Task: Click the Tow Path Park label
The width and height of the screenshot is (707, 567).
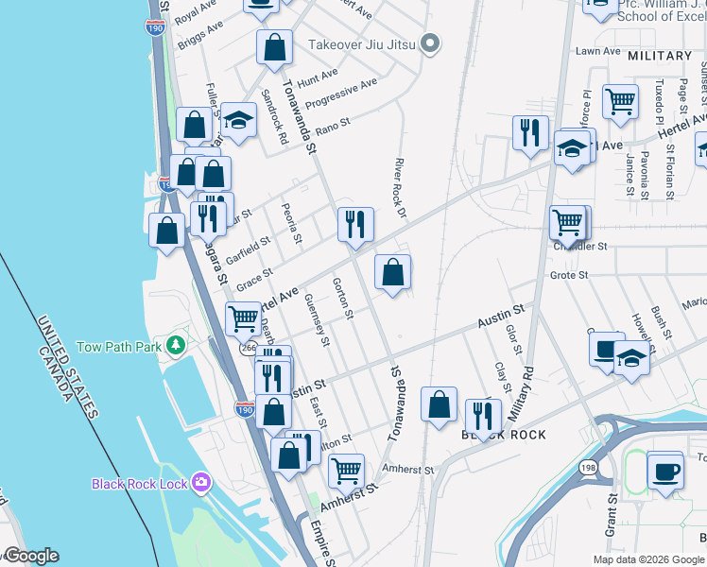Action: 118,346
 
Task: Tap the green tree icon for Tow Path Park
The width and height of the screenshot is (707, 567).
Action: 175,346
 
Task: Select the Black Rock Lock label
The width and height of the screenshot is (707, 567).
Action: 140,484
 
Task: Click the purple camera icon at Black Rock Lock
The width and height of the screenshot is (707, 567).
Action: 200,484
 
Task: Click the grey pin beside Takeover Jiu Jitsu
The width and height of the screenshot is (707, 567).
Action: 431,43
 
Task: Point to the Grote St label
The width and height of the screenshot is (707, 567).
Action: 569,276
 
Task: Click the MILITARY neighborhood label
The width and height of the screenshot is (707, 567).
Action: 660,56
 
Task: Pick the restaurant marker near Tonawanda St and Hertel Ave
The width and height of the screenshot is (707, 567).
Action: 355,224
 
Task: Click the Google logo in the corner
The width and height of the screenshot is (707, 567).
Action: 30,557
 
